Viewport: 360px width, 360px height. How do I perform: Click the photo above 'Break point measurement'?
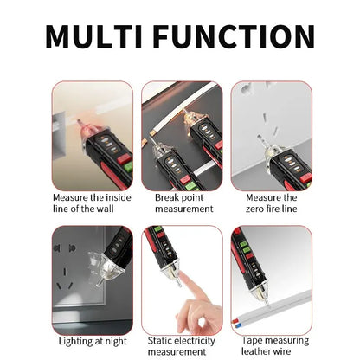pyautogui.click(x=182, y=135)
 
